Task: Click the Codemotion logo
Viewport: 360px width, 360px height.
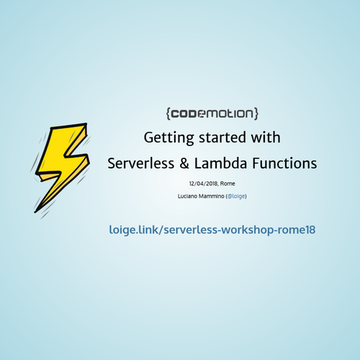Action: pos(212,113)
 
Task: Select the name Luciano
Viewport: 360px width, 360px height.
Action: pos(189,196)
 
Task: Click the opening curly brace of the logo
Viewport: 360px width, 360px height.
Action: pos(168,113)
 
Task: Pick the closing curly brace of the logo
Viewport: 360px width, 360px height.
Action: pos(256,113)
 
